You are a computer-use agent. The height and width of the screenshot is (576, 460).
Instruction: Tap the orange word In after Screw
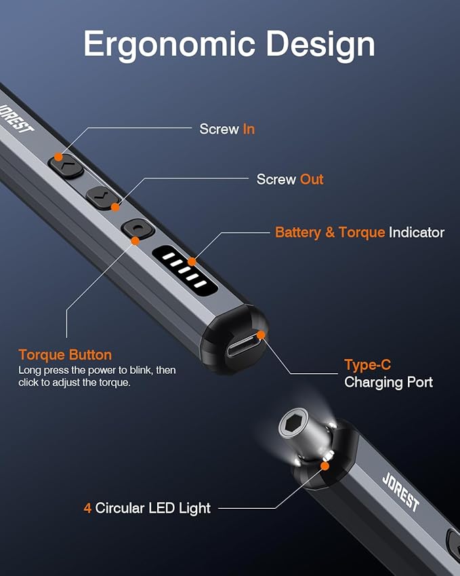[x=249, y=129]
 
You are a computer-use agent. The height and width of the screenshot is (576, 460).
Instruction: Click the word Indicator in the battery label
[x=417, y=232]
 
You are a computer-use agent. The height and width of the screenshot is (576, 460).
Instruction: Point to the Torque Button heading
[x=65, y=355]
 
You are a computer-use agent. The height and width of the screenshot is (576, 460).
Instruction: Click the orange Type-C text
[x=367, y=365]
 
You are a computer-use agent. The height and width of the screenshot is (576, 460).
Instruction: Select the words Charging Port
[x=388, y=382]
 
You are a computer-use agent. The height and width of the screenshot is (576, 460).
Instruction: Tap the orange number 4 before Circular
[x=87, y=507]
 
